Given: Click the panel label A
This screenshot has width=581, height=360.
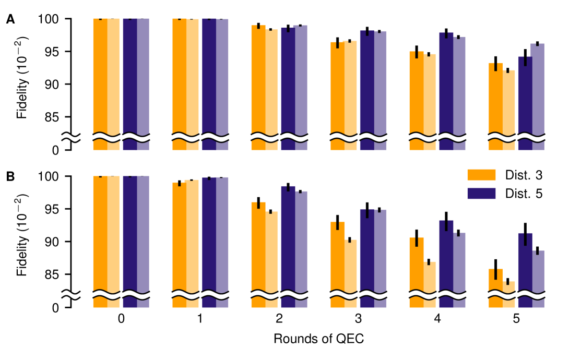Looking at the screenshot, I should click(x=10, y=20).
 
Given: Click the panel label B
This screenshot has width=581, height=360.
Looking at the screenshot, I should click(x=10, y=177).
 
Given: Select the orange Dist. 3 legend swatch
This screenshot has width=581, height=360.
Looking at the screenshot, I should click(x=481, y=174).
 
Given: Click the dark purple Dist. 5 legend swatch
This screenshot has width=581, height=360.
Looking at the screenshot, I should click(x=481, y=193).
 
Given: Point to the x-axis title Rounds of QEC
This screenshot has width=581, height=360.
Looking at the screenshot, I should click(x=318, y=338).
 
